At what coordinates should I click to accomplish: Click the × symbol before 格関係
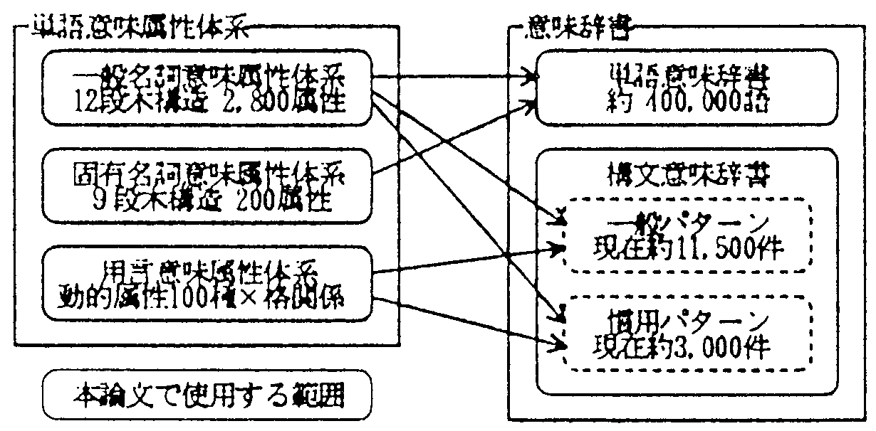click(270, 297)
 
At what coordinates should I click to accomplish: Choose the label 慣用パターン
click(684, 316)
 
